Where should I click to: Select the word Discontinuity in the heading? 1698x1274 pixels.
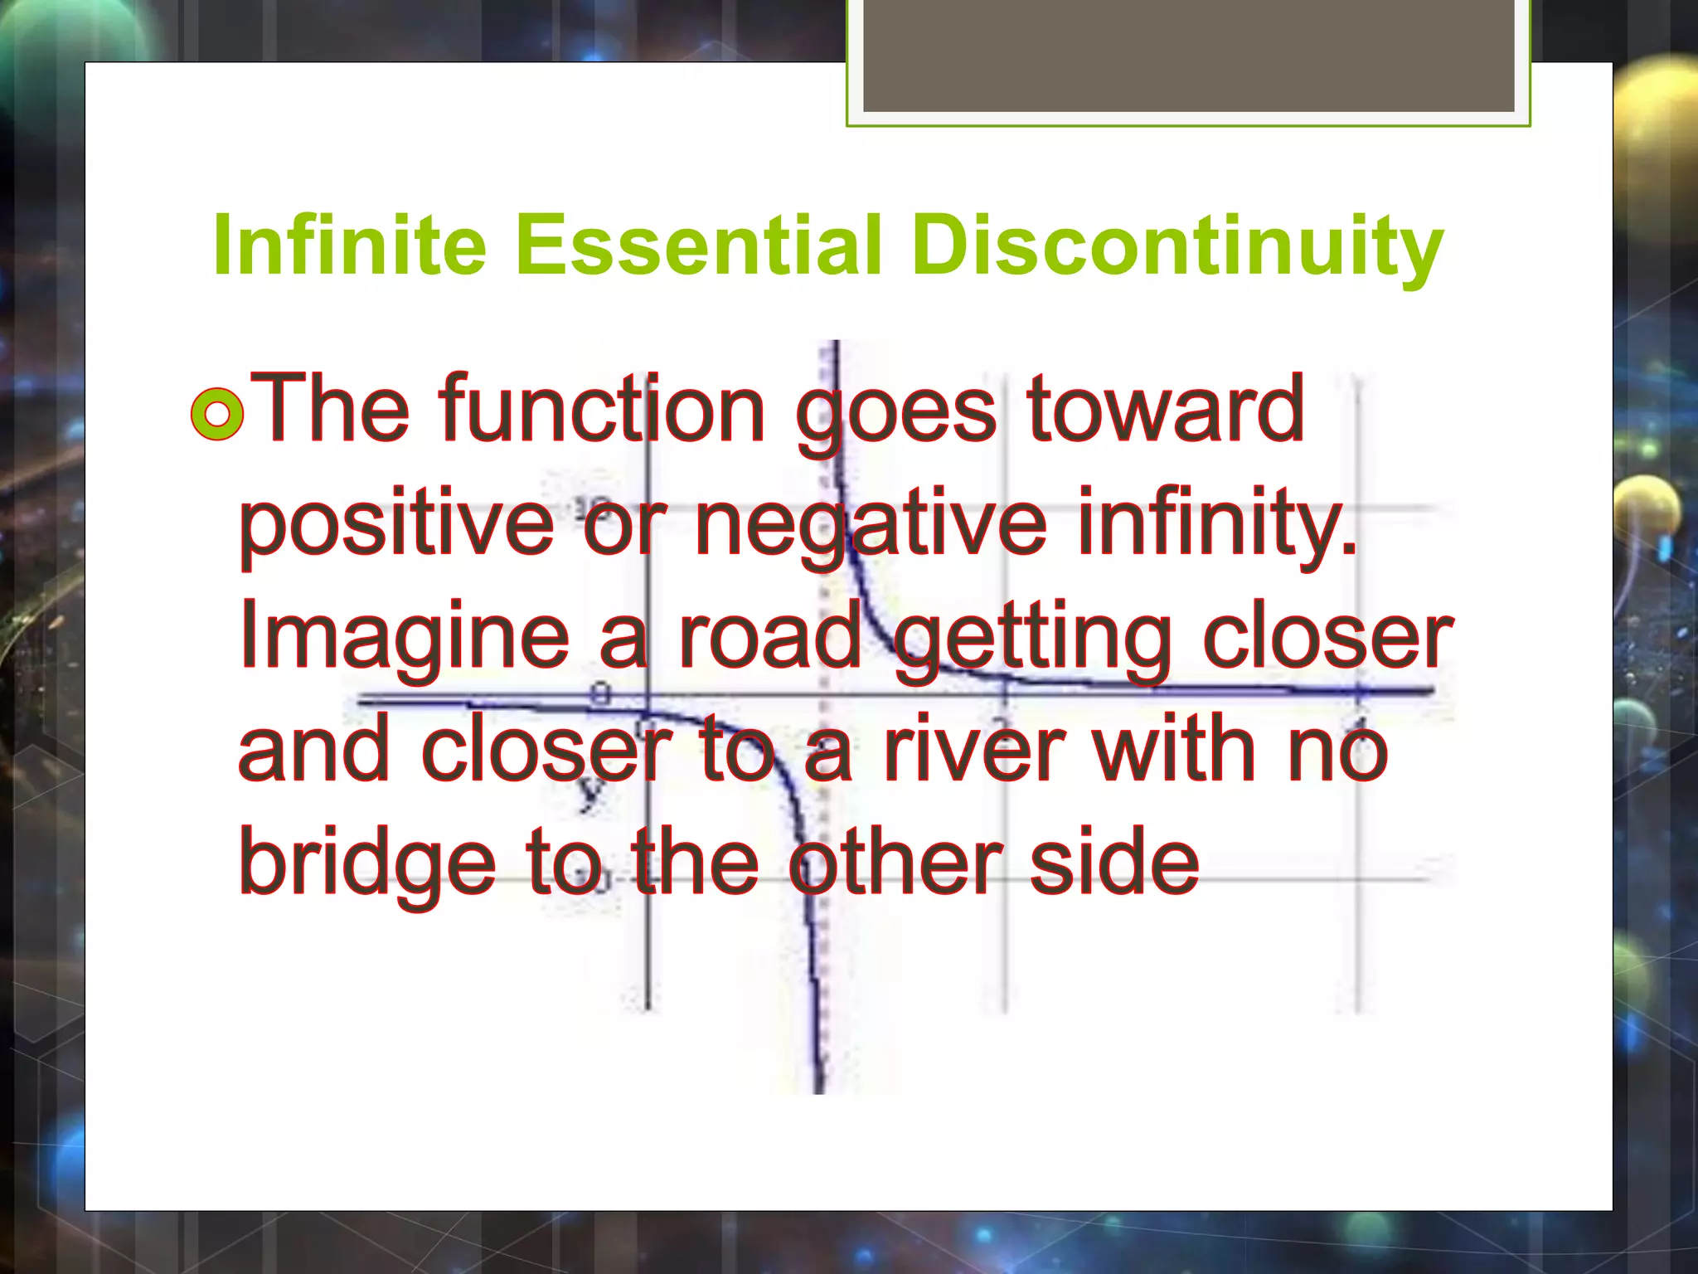(x=1177, y=246)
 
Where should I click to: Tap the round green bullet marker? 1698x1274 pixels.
(x=217, y=414)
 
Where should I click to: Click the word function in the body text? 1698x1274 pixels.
(x=603, y=408)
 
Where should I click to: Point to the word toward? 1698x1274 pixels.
(x=1165, y=408)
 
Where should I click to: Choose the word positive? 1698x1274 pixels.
(x=396, y=524)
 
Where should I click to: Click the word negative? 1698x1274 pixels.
(x=871, y=524)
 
